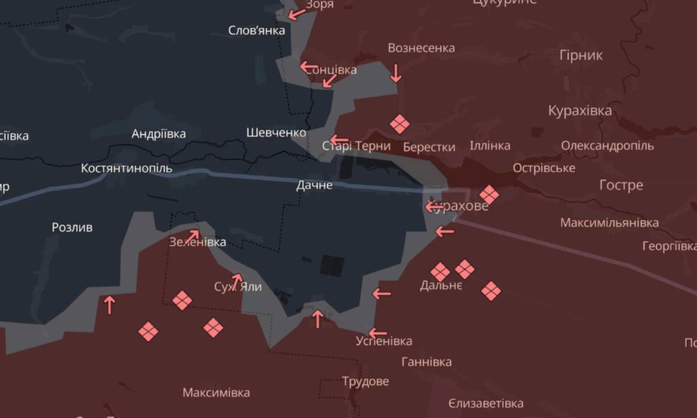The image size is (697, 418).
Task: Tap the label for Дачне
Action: (x=314, y=185)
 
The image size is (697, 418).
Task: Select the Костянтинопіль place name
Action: (x=127, y=168)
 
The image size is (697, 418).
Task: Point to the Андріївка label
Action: (x=159, y=134)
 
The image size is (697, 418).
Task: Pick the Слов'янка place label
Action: (x=257, y=30)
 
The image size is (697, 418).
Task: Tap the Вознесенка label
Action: (x=421, y=48)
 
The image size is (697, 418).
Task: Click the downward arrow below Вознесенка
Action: (x=396, y=73)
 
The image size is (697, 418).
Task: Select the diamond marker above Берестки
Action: (x=399, y=124)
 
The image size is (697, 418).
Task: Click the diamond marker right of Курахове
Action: (x=489, y=195)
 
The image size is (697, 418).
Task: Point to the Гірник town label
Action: (x=581, y=55)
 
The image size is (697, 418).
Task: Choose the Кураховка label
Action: (x=580, y=110)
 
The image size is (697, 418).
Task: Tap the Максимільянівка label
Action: (x=609, y=223)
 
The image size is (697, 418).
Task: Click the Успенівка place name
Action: (x=385, y=341)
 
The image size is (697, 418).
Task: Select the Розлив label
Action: (x=72, y=227)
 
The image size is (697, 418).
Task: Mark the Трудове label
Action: (x=365, y=382)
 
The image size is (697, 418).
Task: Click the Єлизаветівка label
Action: (x=486, y=403)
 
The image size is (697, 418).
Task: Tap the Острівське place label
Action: (x=544, y=168)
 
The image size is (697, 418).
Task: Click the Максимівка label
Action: (x=216, y=392)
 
